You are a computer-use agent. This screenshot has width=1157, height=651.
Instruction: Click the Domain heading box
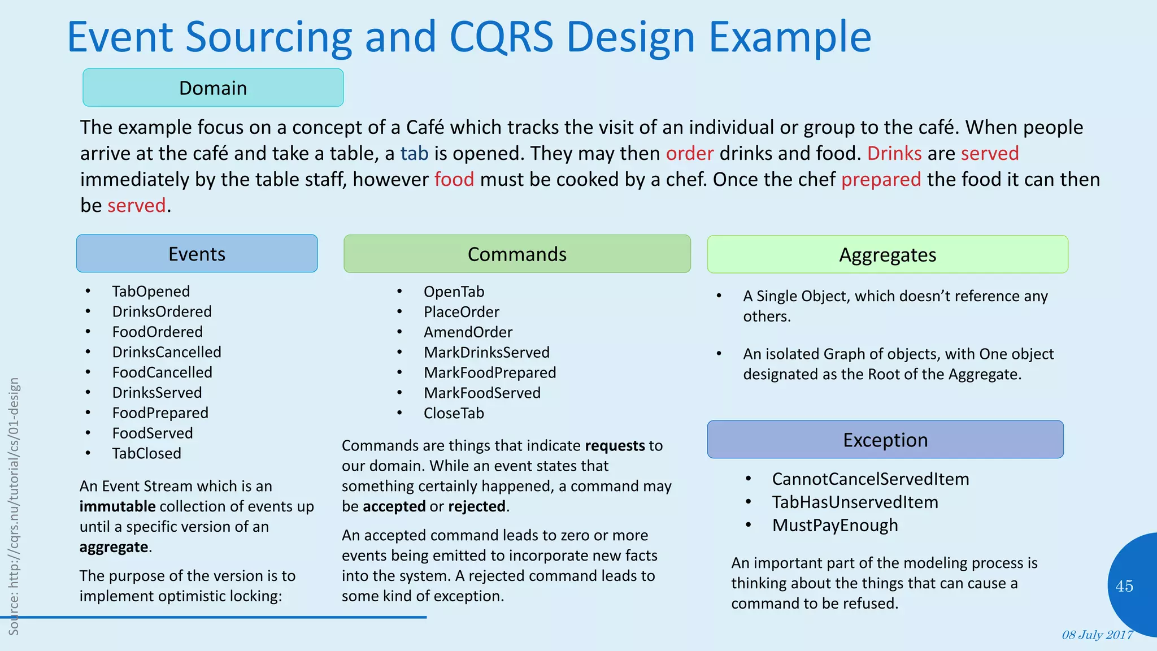point(213,88)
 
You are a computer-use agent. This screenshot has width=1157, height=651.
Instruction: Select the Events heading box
point(197,254)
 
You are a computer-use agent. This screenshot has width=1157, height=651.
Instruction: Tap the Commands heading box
point(517,254)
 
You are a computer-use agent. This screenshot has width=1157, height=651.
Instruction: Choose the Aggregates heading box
point(888,254)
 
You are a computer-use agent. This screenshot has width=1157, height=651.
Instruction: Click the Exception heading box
point(885,440)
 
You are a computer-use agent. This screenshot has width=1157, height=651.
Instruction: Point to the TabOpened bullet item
point(151,291)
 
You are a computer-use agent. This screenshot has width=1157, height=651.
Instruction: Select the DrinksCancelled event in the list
point(167,352)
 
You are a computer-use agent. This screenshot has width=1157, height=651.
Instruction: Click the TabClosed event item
point(146,453)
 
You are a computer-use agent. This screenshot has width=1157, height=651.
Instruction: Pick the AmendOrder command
point(468,332)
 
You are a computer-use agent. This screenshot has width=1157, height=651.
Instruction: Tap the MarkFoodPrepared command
point(490,372)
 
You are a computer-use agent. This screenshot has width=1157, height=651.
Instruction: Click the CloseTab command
point(454,413)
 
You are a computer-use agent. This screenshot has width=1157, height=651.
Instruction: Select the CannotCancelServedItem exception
point(870,479)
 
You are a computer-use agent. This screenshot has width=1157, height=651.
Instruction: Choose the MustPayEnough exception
point(834,525)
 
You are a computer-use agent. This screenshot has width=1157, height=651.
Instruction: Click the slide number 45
point(1124,586)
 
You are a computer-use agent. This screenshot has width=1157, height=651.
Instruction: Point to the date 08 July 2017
point(1097,635)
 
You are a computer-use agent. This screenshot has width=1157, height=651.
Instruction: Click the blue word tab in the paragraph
point(414,153)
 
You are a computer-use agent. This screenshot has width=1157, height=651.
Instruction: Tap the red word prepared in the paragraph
point(881,179)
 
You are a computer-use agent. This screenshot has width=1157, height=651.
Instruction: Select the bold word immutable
point(118,506)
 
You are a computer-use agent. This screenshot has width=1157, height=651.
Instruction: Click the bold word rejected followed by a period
point(477,506)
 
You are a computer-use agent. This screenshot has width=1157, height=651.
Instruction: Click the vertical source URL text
point(14,506)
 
